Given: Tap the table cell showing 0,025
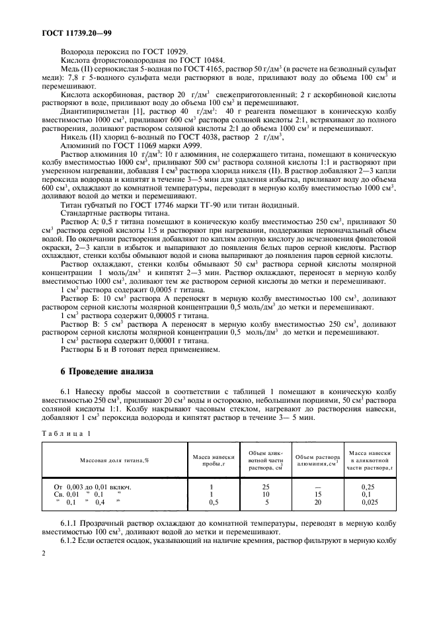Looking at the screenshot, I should click(x=371, y=503).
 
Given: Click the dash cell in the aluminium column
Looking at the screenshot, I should click(x=316, y=487).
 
